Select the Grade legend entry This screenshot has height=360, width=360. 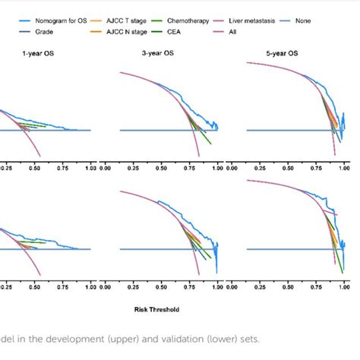coord(50,33)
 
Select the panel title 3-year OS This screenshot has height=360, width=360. coord(169,53)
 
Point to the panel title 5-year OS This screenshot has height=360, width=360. coord(296,53)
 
